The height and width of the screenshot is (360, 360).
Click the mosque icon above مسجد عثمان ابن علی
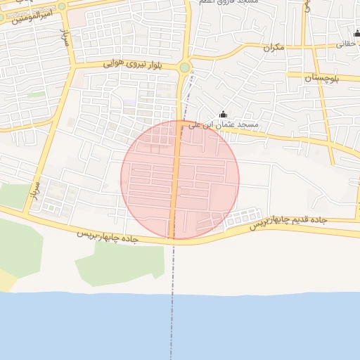click(x=224, y=115)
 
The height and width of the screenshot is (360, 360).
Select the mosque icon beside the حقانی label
click(x=356, y=32)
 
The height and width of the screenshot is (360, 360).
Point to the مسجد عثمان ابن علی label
click(x=229, y=124)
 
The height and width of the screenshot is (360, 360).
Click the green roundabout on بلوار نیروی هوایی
click(x=184, y=67)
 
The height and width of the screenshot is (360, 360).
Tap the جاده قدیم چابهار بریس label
click(x=290, y=221)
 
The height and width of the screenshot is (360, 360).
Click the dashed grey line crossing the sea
click(x=171, y=323)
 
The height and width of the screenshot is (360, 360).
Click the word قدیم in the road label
click(x=299, y=221)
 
